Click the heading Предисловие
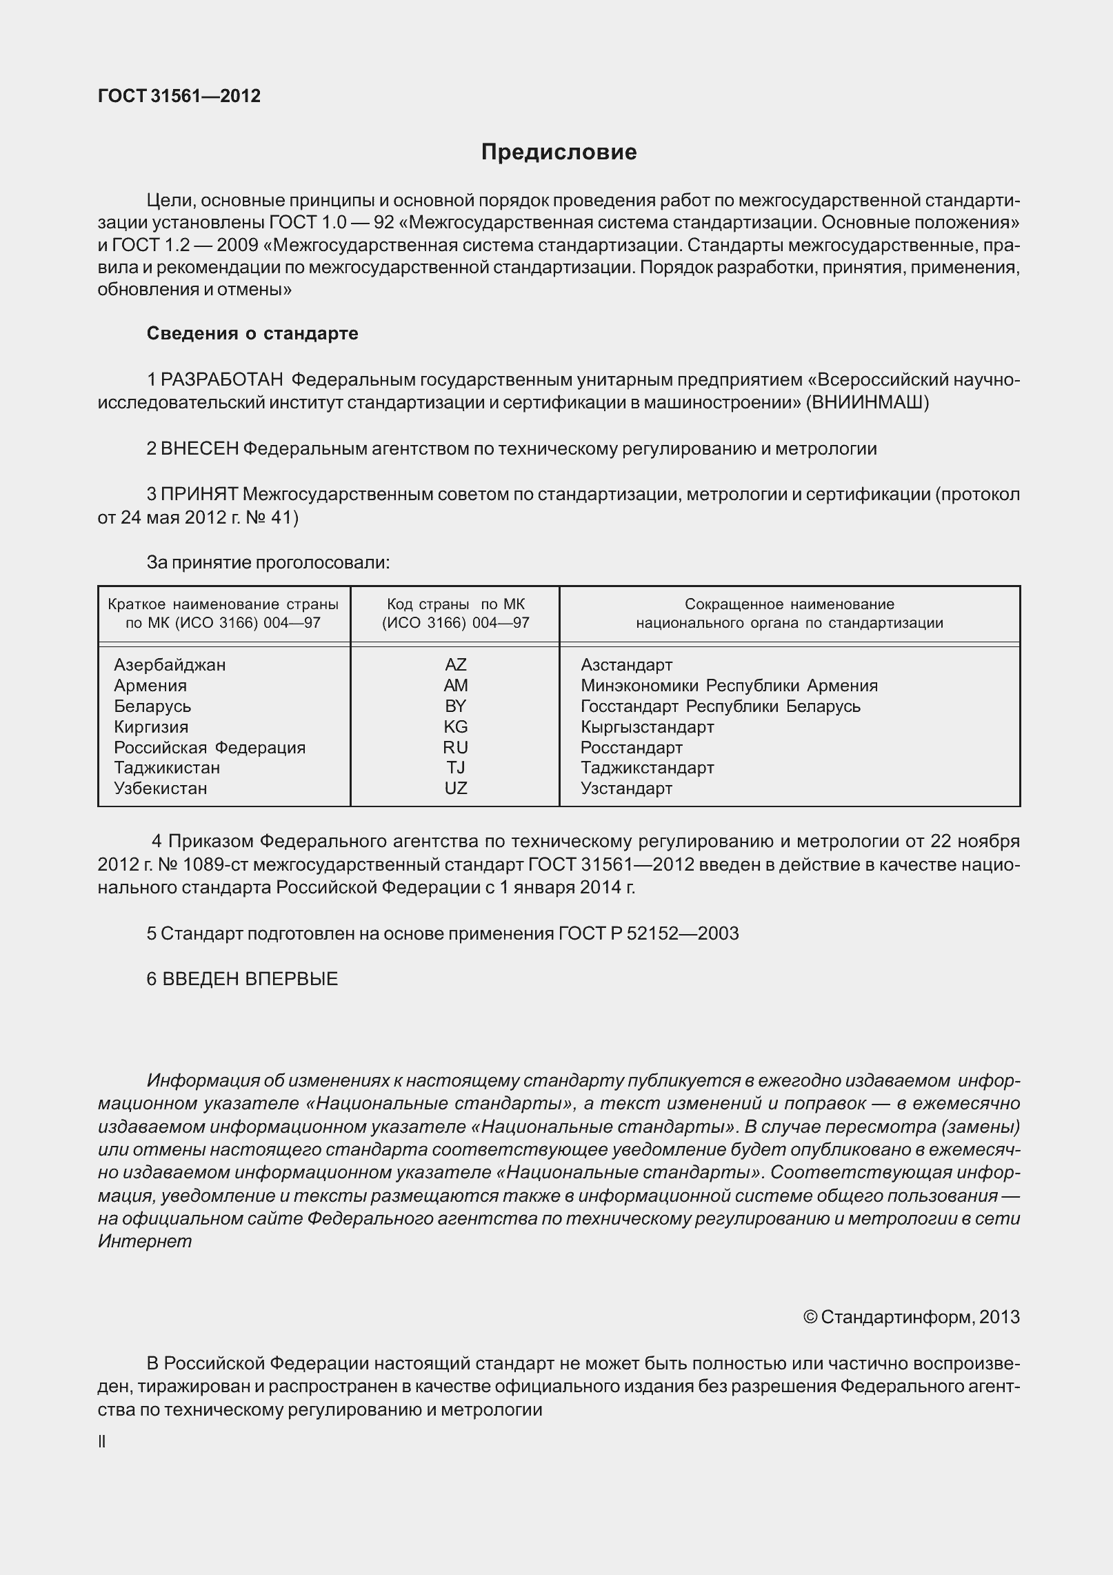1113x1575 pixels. click(x=559, y=152)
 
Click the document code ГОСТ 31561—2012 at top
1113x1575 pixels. click(x=179, y=97)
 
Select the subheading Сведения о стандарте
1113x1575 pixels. click(x=252, y=334)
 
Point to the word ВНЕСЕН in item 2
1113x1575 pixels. click(x=199, y=449)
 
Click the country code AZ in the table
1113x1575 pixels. click(x=456, y=665)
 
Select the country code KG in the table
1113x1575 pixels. click(x=456, y=727)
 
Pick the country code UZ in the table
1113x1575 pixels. click(x=456, y=789)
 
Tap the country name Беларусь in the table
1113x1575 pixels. click(x=152, y=706)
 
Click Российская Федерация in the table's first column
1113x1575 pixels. click(x=210, y=748)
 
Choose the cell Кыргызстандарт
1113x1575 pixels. click(x=647, y=727)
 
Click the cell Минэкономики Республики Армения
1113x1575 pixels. click(x=729, y=686)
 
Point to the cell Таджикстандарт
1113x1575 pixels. click(x=647, y=768)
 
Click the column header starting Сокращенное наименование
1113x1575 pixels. click(x=789, y=614)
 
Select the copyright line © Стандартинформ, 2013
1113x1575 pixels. click(x=912, y=1317)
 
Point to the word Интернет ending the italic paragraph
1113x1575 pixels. click(x=145, y=1241)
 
